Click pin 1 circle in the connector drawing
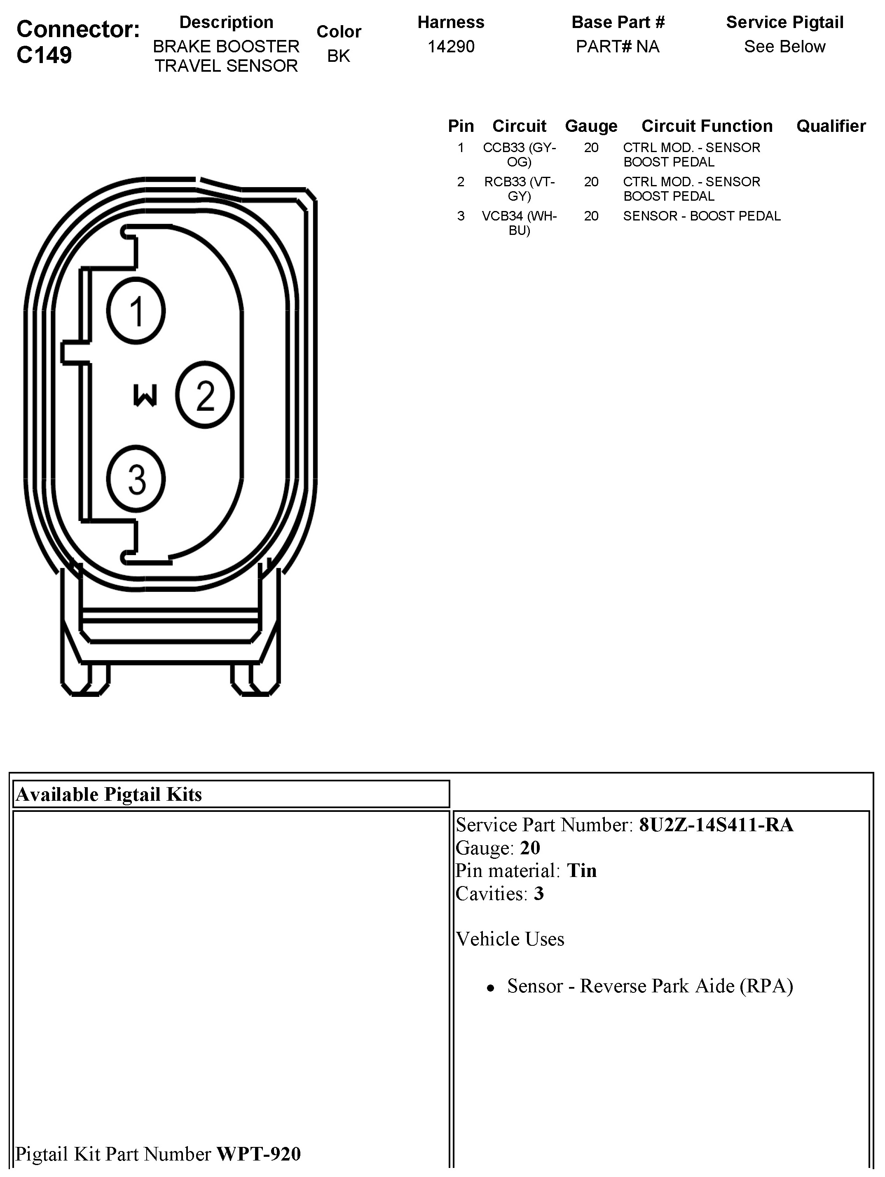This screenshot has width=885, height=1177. [x=136, y=311]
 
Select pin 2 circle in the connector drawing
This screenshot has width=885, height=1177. [x=205, y=395]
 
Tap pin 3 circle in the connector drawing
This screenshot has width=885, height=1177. [x=136, y=479]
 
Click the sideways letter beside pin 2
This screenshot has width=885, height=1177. [x=145, y=395]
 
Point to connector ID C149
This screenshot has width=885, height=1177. [x=44, y=55]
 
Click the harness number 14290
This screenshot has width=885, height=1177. [x=451, y=47]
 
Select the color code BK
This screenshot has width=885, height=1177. [x=338, y=56]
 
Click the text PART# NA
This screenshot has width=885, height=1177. [x=618, y=47]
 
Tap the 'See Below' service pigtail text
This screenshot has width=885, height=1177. [x=784, y=47]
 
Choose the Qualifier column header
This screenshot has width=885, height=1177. [x=831, y=126]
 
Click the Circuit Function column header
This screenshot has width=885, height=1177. [x=707, y=126]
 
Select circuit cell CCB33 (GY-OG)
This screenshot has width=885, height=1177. [x=519, y=154]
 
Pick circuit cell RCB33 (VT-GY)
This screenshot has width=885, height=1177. [x=519, y=189]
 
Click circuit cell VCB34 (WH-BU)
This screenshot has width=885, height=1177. [x=519, y=223]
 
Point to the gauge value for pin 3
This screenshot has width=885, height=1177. [x=591, y=216]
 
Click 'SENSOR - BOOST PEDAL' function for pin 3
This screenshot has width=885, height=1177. [x=702, y=216]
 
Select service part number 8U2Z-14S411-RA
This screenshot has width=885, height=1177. [x=716, y=825]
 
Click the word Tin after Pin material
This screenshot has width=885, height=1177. [x=582, y=870]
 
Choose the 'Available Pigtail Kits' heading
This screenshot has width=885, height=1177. [x=109, y=795]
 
